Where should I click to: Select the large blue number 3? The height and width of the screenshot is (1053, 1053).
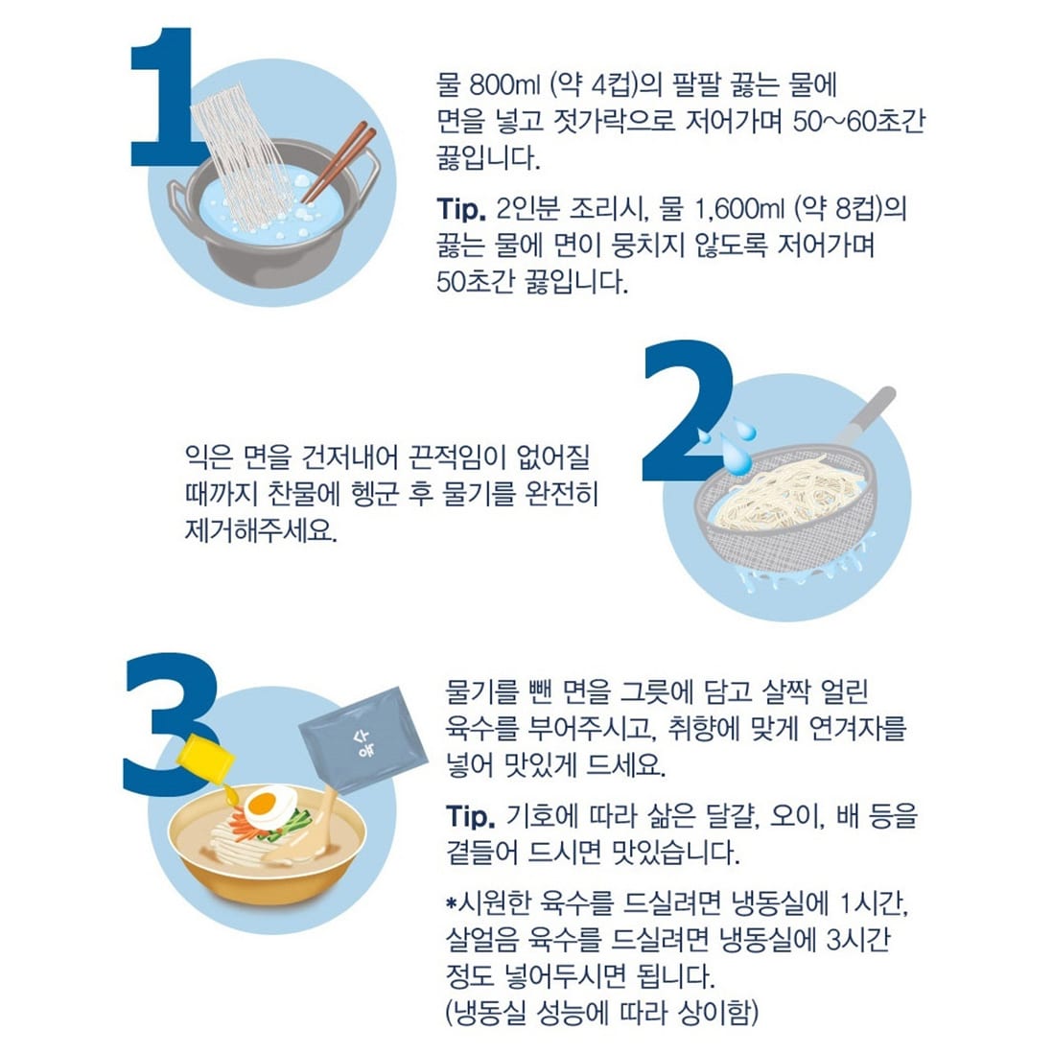pos(172,724)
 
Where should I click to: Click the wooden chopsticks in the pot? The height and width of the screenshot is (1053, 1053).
pos(339,162)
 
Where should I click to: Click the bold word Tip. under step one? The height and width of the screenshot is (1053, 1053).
pos(461,209)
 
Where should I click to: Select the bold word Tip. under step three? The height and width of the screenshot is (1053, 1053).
pos(471,817)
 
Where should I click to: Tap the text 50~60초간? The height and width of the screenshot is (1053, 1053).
pos(859,122)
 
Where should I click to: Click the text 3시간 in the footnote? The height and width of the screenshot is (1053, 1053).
pos(858,939)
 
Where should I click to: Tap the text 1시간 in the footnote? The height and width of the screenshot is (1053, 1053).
pos(873,903)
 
